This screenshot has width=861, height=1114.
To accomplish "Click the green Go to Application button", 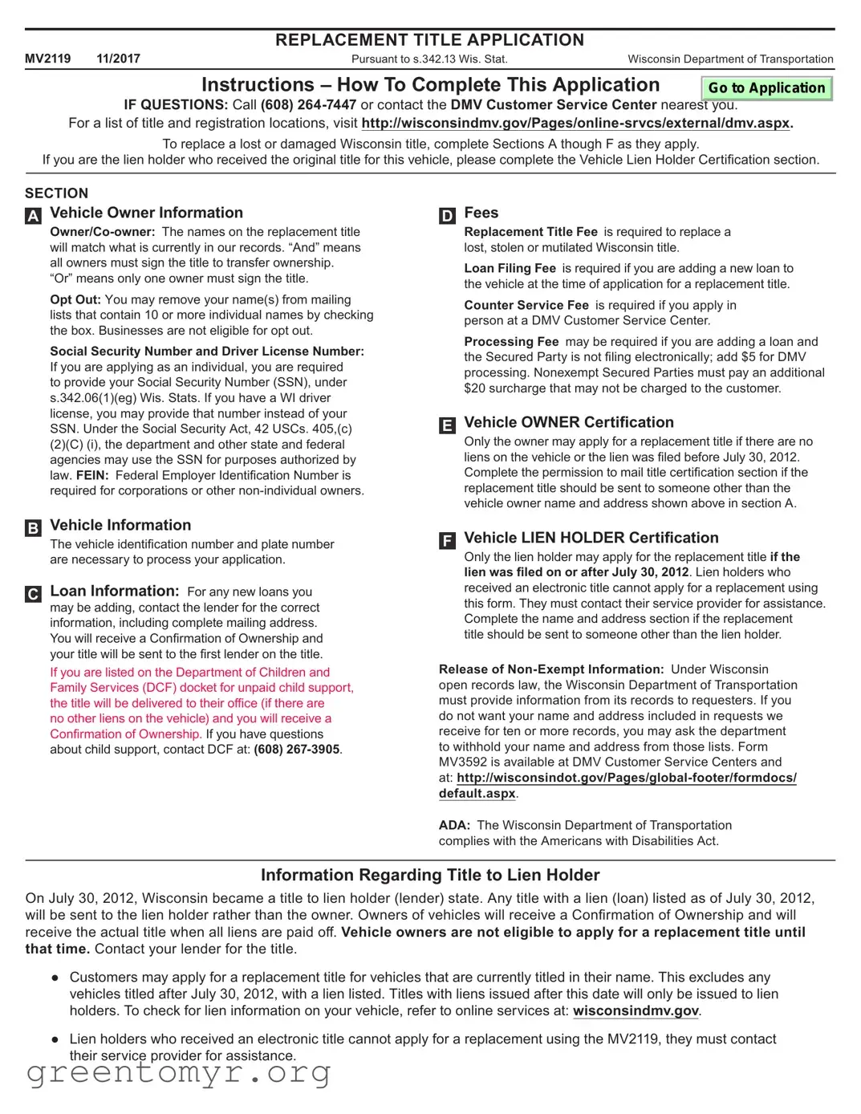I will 766,88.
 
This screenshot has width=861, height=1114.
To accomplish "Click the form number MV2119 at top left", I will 47,59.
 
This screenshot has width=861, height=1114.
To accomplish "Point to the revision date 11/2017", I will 118,59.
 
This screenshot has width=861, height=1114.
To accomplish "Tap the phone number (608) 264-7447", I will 308,105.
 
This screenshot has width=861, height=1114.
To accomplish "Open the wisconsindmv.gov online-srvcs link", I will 575,124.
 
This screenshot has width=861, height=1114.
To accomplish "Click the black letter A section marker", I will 33,216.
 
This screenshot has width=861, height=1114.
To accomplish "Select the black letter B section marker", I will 33,528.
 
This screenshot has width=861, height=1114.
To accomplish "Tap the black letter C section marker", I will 33,594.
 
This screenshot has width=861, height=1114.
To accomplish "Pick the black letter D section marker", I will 447,216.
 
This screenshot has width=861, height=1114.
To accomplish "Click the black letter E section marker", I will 447,425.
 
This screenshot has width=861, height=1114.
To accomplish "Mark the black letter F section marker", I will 447,541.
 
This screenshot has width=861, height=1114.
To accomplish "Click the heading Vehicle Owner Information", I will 146,213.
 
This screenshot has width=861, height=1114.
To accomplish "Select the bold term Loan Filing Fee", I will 510,269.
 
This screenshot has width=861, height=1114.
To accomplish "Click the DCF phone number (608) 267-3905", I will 296,750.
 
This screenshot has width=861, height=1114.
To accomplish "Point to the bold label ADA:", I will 453,826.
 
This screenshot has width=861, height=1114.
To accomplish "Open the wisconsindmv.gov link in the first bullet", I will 636,1011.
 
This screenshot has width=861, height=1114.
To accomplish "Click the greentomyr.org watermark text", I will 178,1072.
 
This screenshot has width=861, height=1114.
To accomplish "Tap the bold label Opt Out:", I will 75,300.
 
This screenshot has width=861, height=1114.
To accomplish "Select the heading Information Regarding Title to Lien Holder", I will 430,876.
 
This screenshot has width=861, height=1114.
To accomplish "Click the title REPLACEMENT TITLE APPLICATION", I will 429,40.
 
